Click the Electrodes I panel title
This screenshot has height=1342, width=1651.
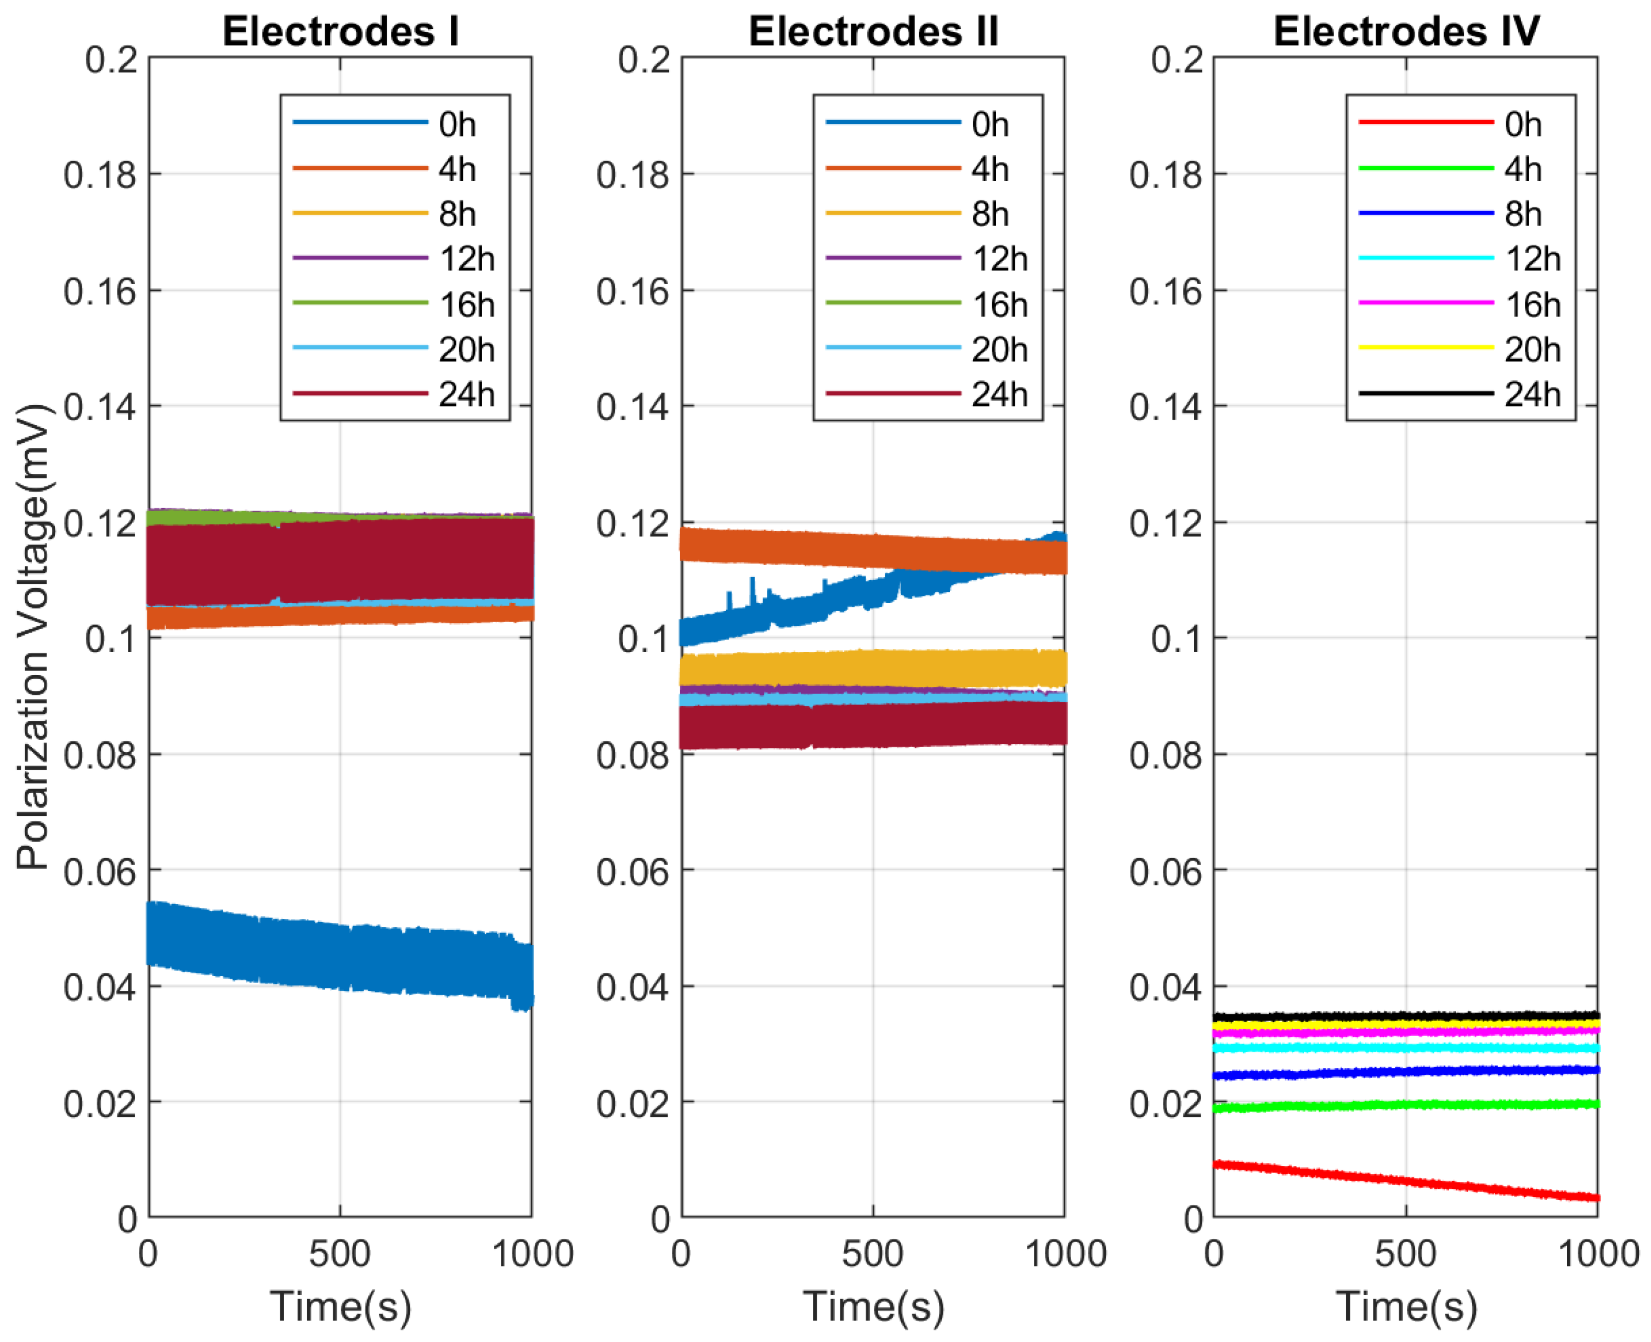point(340,32)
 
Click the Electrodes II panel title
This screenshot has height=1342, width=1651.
point(873,32)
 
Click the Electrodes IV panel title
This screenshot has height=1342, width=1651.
point(1406,32)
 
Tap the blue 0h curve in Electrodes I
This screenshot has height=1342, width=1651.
point(340,955)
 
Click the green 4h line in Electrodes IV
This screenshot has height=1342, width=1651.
point(1406,1104)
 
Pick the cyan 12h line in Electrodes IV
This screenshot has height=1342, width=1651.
point(1406,1048)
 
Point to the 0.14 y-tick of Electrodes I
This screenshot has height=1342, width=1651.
point(100,407)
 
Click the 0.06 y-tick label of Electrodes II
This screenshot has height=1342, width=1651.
point(632,872)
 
